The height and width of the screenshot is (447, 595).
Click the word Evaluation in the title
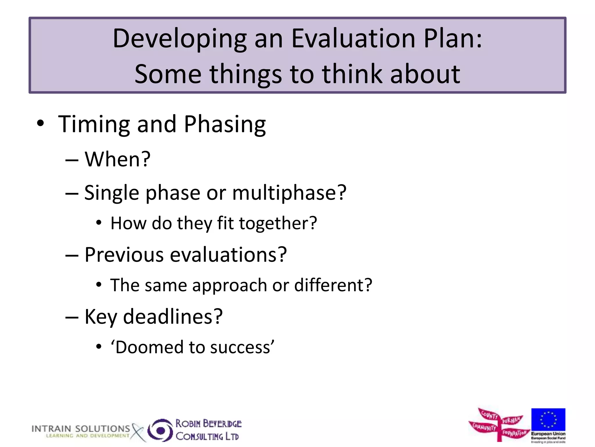353,39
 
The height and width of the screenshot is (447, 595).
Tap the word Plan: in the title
453,39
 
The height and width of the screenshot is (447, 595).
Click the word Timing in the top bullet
94,124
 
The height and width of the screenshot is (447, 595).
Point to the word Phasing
225,124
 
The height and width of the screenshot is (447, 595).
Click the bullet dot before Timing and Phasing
40,124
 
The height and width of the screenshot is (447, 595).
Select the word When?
117,159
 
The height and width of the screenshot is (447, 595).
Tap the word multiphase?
289,193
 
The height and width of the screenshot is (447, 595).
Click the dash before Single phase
72,193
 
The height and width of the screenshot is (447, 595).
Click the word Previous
124,255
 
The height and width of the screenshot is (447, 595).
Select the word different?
333,285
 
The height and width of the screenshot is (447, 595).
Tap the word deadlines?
173,317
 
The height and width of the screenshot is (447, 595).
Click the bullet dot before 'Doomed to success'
99,347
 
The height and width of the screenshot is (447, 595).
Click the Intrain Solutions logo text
81,429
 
